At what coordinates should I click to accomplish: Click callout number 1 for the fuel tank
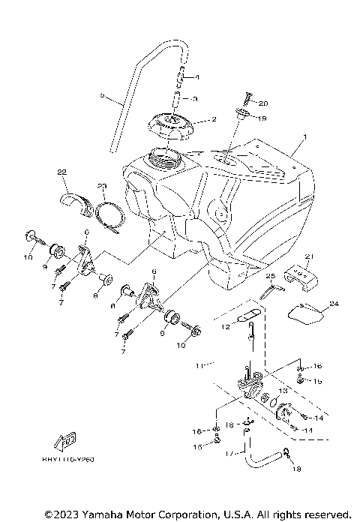304,138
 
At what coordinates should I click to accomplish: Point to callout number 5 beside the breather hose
101,95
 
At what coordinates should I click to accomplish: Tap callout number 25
271,277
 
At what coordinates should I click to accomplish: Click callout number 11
199,367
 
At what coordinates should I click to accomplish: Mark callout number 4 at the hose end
196,77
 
